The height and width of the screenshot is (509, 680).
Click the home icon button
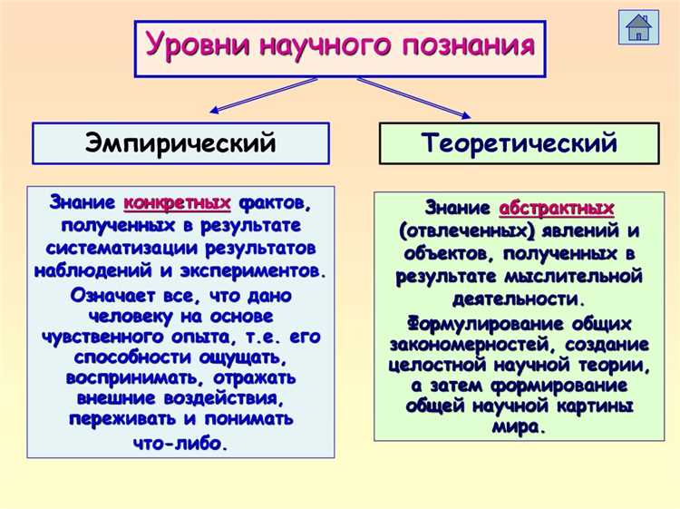click(x=638, y=27)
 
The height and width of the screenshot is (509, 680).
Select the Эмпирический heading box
click(x=180, y=142)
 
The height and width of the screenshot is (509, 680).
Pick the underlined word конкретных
click(x=177, y=201)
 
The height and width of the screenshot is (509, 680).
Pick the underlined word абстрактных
click(x=556, y=208)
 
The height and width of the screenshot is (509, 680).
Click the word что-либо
click(x=180, y=444)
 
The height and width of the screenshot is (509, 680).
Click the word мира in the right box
click(x=518, y=426)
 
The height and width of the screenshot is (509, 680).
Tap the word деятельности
click(x=518, y=298)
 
